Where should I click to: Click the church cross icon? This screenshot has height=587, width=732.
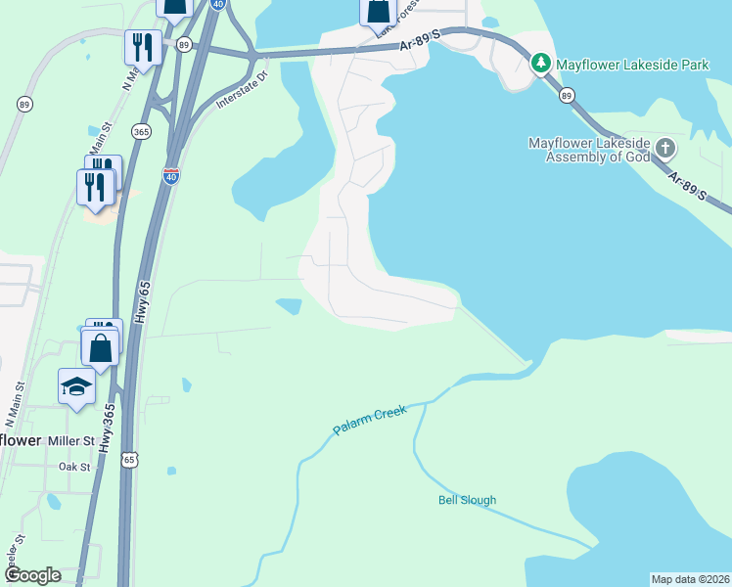point(665,149)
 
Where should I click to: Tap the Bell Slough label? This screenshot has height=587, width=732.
point(467,500)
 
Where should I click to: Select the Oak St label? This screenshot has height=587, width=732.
point(73,467)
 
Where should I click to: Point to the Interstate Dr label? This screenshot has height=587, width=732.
point(241,89)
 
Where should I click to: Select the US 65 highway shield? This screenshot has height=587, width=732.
point(130,458)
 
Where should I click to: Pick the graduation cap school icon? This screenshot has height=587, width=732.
point(76,385)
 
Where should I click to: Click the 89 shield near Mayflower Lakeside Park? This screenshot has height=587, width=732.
point(566,95)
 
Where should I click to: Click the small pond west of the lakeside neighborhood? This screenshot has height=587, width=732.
point(290,306)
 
